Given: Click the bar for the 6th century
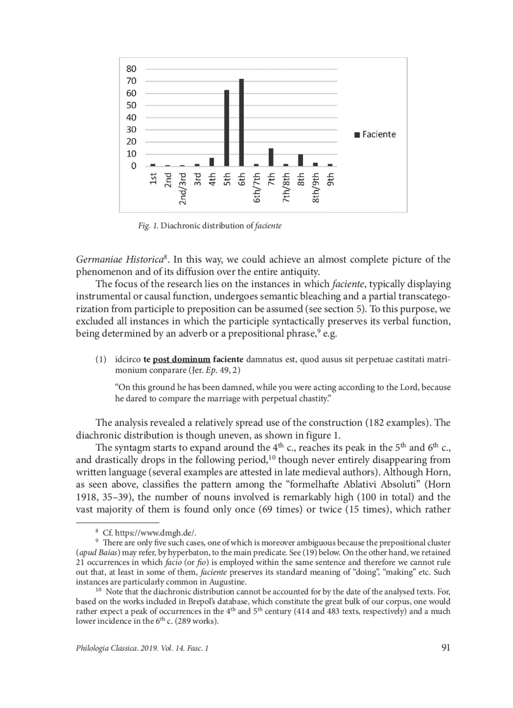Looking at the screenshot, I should (x=242, y=122).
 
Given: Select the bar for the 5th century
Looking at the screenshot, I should (x=227, y=128).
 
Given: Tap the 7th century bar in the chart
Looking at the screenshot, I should (x=271, y=157).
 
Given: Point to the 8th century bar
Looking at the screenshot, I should (x=301, y=160).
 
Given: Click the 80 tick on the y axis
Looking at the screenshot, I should (x=132, y=69).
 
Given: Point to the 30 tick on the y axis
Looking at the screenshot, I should (x=132, y=130).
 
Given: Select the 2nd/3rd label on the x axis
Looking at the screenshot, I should (x=183, y=189).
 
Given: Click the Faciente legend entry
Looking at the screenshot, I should (x=375, y=135).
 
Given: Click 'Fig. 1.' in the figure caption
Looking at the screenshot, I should (x=148, y=226).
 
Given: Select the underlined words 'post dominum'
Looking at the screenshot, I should (x=182, y=359).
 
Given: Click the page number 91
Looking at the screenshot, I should (x=445, y=648).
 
